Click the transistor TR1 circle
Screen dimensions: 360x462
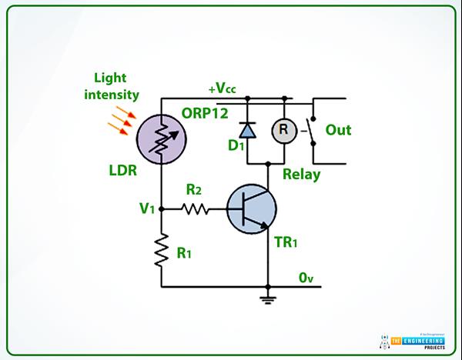point(253,208)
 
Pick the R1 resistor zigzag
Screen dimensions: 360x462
point(162,251)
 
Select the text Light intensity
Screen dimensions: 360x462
point(116,87)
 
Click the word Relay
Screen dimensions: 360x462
point(302,174)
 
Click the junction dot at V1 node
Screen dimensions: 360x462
point(162,208)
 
